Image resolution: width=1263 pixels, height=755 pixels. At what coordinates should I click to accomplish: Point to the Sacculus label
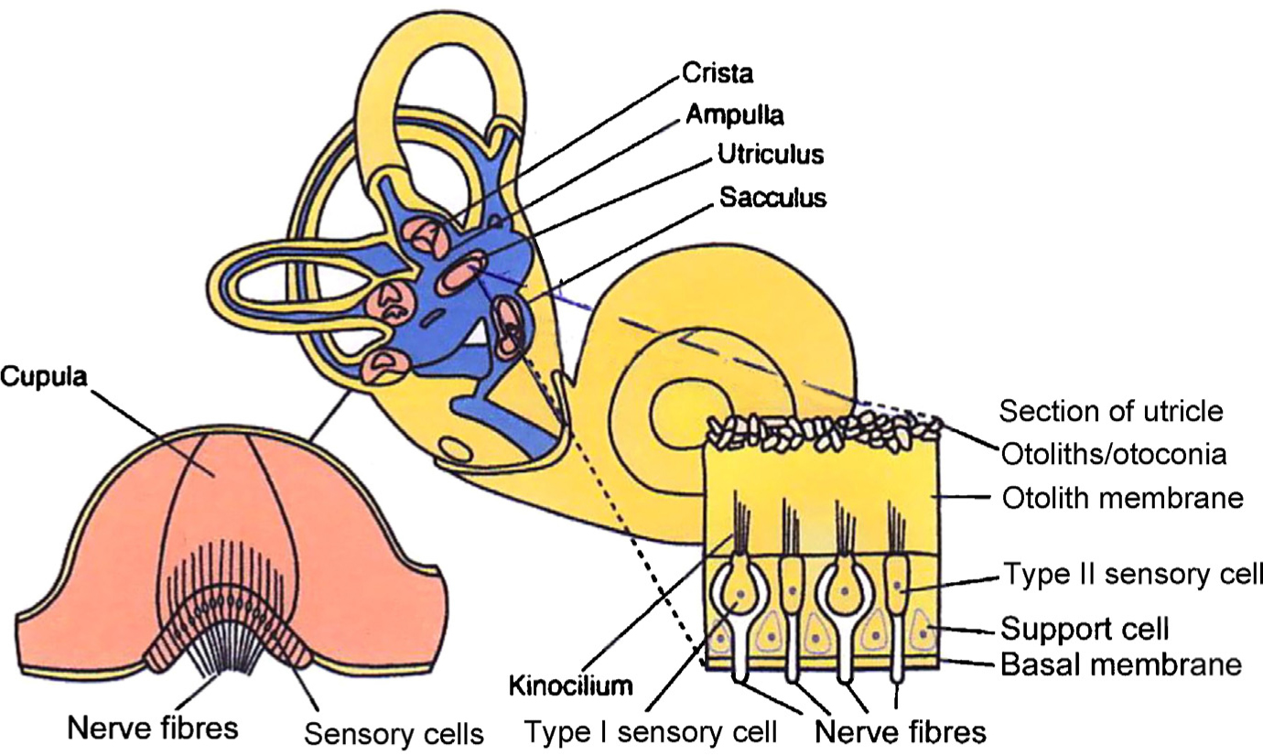point(772,197)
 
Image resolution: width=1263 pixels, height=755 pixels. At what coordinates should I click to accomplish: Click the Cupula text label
point(44,377)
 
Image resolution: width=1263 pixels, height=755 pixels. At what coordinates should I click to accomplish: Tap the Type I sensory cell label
point(650,732)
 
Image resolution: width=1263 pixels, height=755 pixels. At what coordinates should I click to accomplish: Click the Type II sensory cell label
point(1133,574)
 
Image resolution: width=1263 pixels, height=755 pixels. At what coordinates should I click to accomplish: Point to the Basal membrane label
point(1122,663)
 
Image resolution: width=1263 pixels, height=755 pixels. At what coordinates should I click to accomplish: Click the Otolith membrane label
point(1123,499)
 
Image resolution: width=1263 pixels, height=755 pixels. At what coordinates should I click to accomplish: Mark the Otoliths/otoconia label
point(1113,453)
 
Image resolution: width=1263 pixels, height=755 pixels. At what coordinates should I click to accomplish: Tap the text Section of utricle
point(1110,411)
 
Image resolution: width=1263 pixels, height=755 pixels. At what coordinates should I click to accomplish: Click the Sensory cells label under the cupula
point(394,734)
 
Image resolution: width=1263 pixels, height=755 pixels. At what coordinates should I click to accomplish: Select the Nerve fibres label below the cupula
point(152,728)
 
